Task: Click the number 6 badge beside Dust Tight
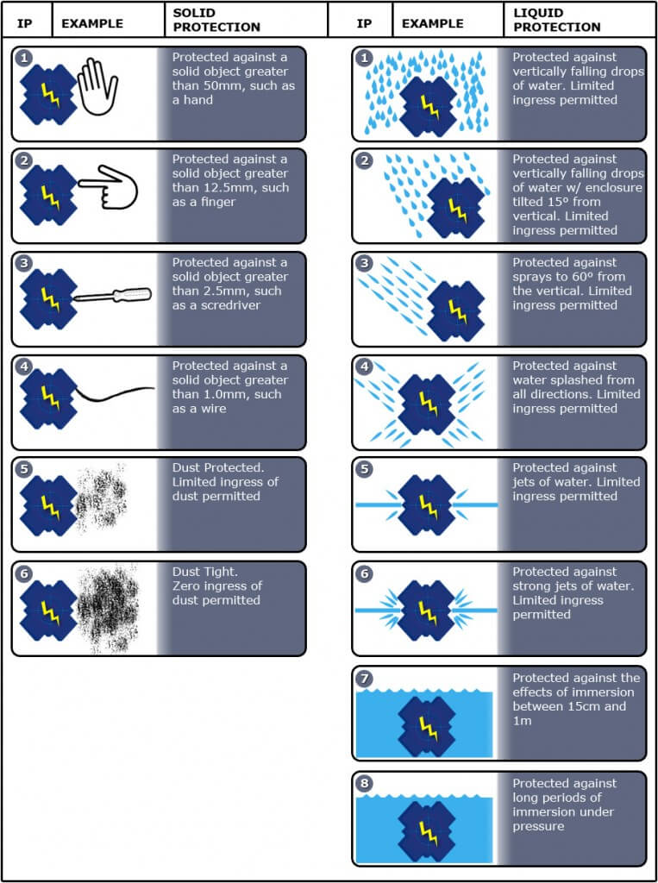(x=23, y=572)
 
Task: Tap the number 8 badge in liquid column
(x=363, y=783)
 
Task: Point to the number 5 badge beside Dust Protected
(x=23, y=469)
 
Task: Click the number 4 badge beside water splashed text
(x=363, y=366)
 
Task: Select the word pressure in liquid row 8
(x=538, y=826)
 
